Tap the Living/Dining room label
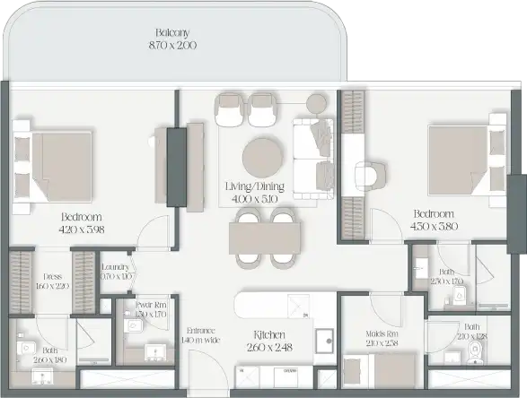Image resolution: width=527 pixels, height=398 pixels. coord(255,186)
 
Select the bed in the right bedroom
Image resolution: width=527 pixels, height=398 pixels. coord(461,158)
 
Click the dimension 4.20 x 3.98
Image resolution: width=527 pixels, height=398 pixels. coord(82,229)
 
